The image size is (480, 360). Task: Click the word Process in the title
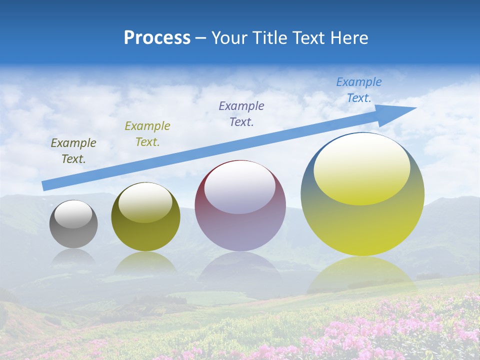pos(157,38)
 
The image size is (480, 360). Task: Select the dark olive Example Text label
pos(73,151)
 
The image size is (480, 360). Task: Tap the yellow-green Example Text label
pos(147,133)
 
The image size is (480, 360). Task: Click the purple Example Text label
pos(241,113)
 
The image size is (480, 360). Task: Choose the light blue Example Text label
pos(359,90)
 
